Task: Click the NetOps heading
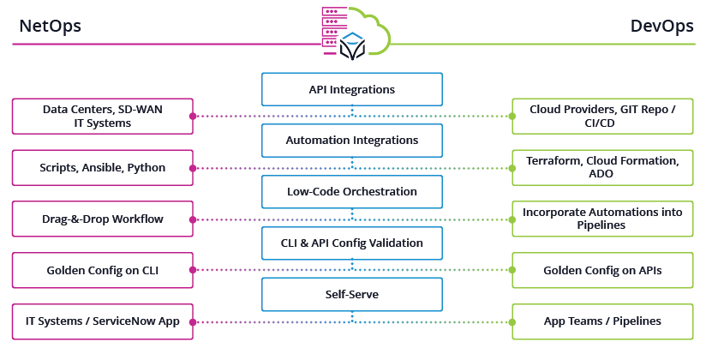coord(51,26)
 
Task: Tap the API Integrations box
coord(351,89)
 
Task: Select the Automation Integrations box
coord(351,140)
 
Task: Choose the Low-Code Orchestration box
coord(351,191)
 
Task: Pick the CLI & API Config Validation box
coord(351,243)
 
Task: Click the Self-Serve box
coord(351,294)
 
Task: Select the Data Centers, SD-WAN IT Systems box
coord(103,116)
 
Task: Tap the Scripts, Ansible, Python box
coord(103,167)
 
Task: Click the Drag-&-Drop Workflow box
coord(103,219)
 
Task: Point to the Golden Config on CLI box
coord(103,270)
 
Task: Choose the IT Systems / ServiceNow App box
coord(103,321)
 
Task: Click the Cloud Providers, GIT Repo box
coord(602,116)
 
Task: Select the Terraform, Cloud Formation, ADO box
coord(602,167)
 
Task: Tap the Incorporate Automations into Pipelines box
coord(602,219)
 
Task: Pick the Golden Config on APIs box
coord(602,270)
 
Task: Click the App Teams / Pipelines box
coord(602,321)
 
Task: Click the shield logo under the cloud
coord(352,47)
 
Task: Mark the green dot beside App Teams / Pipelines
coord(511,321)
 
